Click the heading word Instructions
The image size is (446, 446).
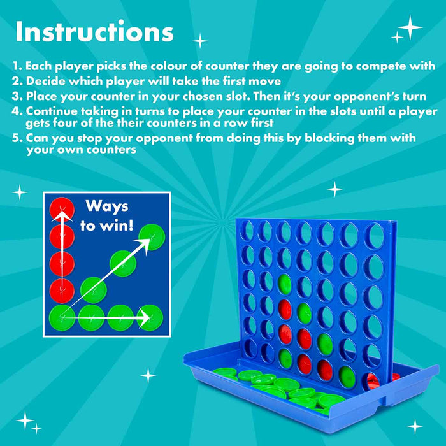tap(94, 31)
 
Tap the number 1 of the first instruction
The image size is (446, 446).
tap(15, 66)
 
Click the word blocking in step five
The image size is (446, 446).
tap(329, 138)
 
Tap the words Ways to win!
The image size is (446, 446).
tap(107, 215)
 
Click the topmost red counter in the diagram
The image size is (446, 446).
tap(62, 210)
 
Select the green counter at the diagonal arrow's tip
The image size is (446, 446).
tap(152, 237)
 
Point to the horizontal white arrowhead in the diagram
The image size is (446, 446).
tap(144, 318)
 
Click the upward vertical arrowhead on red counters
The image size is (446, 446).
tap(62, 215)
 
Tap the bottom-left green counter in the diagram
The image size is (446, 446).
tap(62, 318)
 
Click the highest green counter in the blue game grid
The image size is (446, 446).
tap(284, 284)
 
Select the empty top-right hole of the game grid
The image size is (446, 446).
tap(375, 236)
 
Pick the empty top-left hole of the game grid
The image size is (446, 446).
tap(247, 231)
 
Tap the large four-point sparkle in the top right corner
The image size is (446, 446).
tap(410, 27)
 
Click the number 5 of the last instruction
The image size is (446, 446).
tap(16, 138)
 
